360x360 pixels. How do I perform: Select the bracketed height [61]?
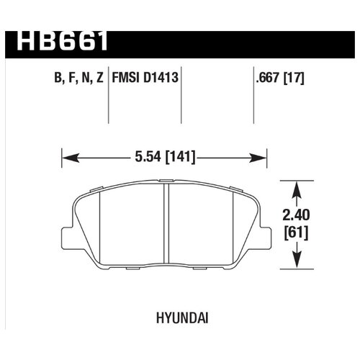tap(296, 233)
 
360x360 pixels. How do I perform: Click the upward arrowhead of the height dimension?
tap(295, 186)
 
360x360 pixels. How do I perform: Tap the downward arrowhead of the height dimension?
tap(295, 264)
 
